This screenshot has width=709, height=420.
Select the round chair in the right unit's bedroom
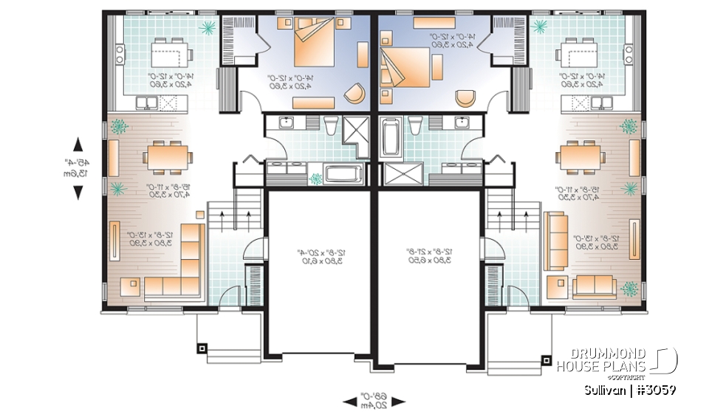point(466,97)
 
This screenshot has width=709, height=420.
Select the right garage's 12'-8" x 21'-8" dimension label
point(432,256)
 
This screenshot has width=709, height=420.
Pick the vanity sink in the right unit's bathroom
point(464,123)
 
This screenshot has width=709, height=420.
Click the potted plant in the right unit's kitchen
point(540,27)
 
